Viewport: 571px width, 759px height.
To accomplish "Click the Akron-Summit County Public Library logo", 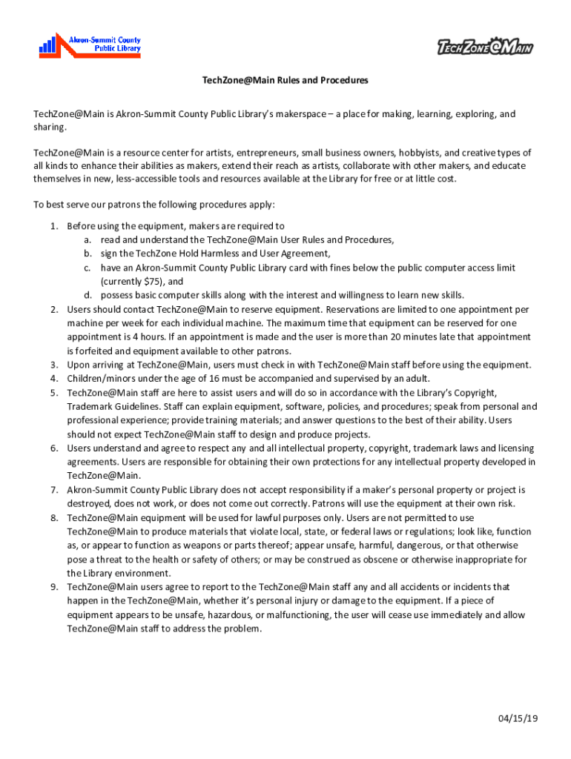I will pos(90,45).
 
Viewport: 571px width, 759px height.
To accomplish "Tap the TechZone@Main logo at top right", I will pos(485,48).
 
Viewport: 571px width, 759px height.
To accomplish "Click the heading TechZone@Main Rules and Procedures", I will pos(285,80).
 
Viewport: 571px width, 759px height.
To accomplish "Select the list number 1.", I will pos(54,226).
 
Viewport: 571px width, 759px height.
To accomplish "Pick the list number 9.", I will pos(54,587).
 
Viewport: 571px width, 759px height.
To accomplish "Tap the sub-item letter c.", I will pos(87,268).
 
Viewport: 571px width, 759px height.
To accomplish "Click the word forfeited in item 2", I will pos(93,351).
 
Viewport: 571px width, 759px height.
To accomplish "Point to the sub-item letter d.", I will pos(87,295).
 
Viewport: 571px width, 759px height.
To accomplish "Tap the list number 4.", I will pos(54,379).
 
